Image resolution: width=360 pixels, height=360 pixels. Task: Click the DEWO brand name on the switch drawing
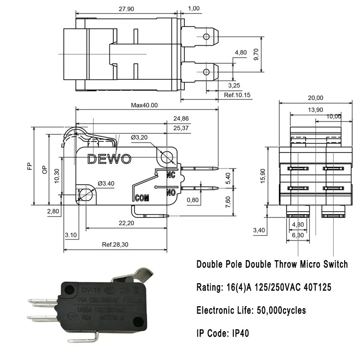[109, 159]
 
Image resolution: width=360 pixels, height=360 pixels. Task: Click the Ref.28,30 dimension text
[114, 245]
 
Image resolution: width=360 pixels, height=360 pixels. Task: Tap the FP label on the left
[30, 166]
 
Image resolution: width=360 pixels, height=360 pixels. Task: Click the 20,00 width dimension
[315, 98]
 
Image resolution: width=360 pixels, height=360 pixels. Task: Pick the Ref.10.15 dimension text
[237, 95]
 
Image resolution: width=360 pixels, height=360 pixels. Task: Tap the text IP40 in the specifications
[233, 332]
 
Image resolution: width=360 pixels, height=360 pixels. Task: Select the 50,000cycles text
[280, 310]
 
